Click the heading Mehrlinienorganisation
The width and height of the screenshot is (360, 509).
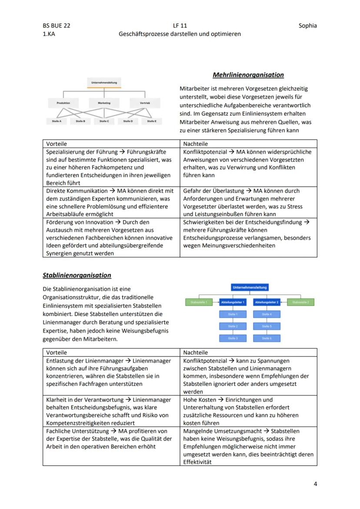click(x=248, y=75)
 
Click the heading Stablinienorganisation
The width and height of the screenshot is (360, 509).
click(x=77, y=275)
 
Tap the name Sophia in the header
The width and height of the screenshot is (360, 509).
click(x=307, y=25)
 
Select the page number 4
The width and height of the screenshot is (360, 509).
click(x=315, y=484)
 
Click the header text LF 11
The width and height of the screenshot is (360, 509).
click(x=180, y=25)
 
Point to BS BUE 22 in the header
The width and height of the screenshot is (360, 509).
click(x=57, y=25)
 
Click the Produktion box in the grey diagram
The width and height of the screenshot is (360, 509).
click(x=63, y=103)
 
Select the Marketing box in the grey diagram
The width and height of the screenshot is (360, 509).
click(x=104, y=103)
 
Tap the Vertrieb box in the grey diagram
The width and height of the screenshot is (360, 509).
click(x=145, y=103)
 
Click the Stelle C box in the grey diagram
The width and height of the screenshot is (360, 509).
click(x=104, y=121)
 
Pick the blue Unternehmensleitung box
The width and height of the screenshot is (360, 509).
click(x=250, y=287)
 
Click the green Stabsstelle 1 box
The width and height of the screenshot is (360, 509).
click(x=199, y=302)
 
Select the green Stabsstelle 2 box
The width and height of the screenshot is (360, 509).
click(x=300, y=302)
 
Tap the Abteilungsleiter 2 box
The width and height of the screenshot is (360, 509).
click(x=267, y=302)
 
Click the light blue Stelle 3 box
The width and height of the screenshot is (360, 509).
click(x=233, y=338)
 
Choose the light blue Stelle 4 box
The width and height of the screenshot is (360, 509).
click(x=267, y=314)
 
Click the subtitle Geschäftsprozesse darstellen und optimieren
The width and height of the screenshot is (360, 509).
click(x=180, y=33)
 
